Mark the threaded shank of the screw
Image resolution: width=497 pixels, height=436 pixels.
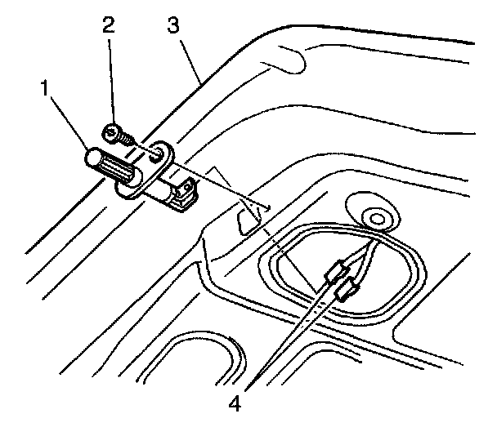126,140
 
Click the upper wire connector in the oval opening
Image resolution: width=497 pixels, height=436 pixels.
338,269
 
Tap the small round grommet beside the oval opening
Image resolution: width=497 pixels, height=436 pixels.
378,216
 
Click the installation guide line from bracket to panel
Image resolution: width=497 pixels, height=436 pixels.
221,184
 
